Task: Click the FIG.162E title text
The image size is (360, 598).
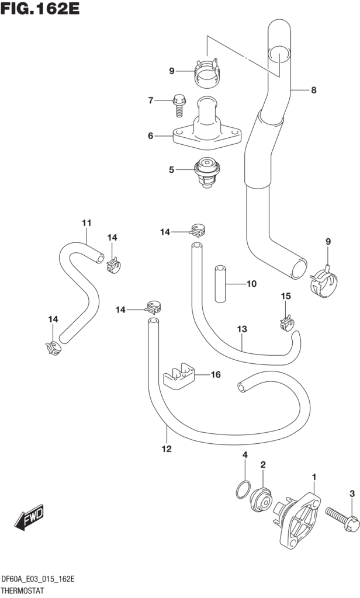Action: pos(40,10)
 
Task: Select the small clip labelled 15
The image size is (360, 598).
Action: pos(286,321)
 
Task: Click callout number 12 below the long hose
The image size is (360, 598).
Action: pos(167,449)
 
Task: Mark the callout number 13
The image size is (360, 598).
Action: pos(242,329)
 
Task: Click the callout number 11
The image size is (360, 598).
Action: pos(86,222)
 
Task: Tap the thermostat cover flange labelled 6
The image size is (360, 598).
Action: pos(207,134)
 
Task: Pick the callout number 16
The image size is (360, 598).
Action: pos(216,374)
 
